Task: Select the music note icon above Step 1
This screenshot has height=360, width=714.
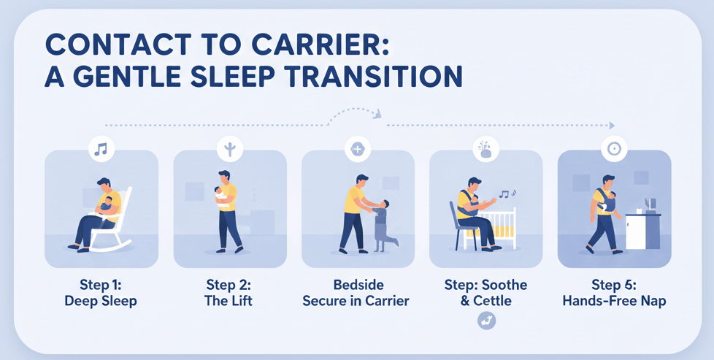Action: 101,150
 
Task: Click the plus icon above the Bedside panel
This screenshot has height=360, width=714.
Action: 357,150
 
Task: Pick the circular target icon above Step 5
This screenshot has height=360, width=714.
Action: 614,150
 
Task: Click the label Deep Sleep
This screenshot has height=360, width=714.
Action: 101,300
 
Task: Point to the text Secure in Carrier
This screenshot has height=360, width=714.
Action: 356,300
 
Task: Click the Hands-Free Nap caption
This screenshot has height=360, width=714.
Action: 614,300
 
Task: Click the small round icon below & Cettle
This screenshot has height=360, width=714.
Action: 485,320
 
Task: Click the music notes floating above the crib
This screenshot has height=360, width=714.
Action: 507,194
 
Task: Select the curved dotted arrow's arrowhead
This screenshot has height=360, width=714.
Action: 377,113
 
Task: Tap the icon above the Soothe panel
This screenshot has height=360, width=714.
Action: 485,150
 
